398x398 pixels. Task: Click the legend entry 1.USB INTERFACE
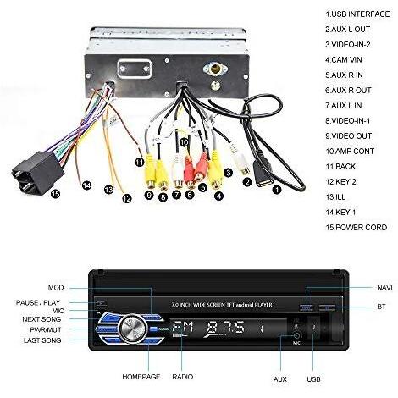click(357, 14)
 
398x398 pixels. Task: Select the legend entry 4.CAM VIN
click(343, 60)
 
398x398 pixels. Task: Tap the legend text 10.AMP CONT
click(350, 152)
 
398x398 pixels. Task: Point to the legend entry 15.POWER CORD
click(357, 228)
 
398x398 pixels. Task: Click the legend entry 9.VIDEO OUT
click(348, 136)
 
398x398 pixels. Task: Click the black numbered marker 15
click(56, 194)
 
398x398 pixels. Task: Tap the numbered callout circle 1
click(277, 190)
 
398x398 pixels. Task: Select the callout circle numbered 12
click(127, 199)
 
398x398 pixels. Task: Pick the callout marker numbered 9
click(149, 195)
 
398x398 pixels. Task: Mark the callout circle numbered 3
click(228, 173)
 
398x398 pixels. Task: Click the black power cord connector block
click(37, 173)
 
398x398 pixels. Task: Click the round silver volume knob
click(133, 329)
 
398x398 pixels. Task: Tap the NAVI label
click(384, 288)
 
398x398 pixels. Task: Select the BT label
click(381, 307)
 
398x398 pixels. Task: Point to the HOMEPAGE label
click(141, 377)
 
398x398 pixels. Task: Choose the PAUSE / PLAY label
click(38, 303)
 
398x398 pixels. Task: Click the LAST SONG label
click(42, 340)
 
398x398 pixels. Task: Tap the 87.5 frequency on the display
click(226, 328)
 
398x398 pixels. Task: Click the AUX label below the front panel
click(280, 379)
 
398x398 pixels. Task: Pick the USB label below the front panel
click(313, 379)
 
